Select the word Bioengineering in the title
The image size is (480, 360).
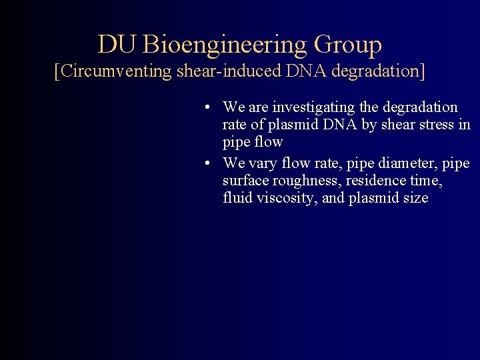pyautogui.click(x=223, y=45)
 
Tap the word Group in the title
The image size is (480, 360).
pyautogui.click(x=348, y=45)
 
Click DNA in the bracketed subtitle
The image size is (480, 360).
pyautogui.click(x=305, y=71)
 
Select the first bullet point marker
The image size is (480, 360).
pyautogui.click(x=209, y=107)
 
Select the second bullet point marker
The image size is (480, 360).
pyautogui.click(x=209, y=163)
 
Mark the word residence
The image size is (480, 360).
pyautogui.click(x=375, y=181)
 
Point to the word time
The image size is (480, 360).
pyautogui.click(x=425, y=181)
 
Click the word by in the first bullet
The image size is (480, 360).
pyautogui.click(x=369, y=125)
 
